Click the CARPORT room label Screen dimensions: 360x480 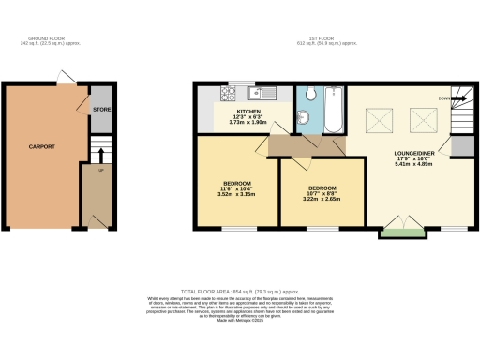click(41, 147)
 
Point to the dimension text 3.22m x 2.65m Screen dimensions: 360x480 click(315, 199)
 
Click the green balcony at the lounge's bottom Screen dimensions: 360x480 click(399, 232)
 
